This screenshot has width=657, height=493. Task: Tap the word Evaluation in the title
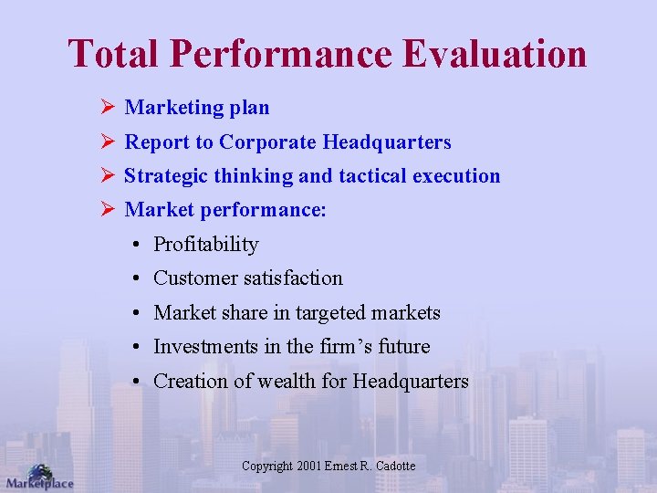pos(496,54)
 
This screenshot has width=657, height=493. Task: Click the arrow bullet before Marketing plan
pos(106,108)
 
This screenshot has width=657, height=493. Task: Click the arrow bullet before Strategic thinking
pos(106,176)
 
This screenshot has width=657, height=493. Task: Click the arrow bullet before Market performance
pos(106,211)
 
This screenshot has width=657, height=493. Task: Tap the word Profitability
pos(206,245)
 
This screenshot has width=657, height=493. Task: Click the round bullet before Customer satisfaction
pos(134,278)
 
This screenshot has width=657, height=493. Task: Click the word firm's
pos(347,347)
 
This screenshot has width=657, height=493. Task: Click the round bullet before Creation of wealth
pos(134,382)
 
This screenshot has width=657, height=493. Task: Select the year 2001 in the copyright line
pos(310,467)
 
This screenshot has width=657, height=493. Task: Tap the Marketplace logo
pos(38,477)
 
